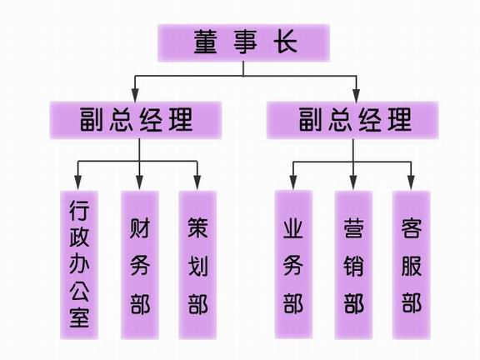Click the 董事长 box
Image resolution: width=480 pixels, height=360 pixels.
tap(243, 42)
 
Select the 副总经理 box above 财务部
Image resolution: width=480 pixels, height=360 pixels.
tap(136, 120)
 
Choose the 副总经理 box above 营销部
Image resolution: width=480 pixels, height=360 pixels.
tap(352, 120)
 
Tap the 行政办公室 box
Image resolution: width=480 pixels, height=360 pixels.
tap(79, 265)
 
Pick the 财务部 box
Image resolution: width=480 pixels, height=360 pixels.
tap(140, 265)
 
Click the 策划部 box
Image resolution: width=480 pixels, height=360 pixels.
tap(197, 265)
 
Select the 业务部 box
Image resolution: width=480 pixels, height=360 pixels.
tap(293, 264)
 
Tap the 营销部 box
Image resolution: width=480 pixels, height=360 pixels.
tap(353, 265)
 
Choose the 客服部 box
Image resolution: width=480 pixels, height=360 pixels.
tap(412, 265)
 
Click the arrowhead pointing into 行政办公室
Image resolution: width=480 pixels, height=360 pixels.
tap(78, 182)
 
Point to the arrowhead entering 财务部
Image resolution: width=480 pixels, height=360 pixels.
tap(140, 182)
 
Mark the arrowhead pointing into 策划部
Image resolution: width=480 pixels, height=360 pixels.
tap(197, 182)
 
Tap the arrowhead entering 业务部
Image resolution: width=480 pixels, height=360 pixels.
tap(293, 182)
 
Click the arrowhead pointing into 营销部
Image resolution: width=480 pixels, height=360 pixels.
tap(353, 182)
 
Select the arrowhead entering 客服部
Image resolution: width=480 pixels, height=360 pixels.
tap(411, 182)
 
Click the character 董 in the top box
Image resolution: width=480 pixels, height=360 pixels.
tap(205, 42)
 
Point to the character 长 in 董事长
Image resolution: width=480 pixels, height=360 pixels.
tap(285, 42)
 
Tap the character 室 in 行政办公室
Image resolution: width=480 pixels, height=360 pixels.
tap(79, 317)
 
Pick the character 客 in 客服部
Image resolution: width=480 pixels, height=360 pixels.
tap(412, 228)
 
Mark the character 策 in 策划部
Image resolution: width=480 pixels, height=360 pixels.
tap(197, 228)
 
